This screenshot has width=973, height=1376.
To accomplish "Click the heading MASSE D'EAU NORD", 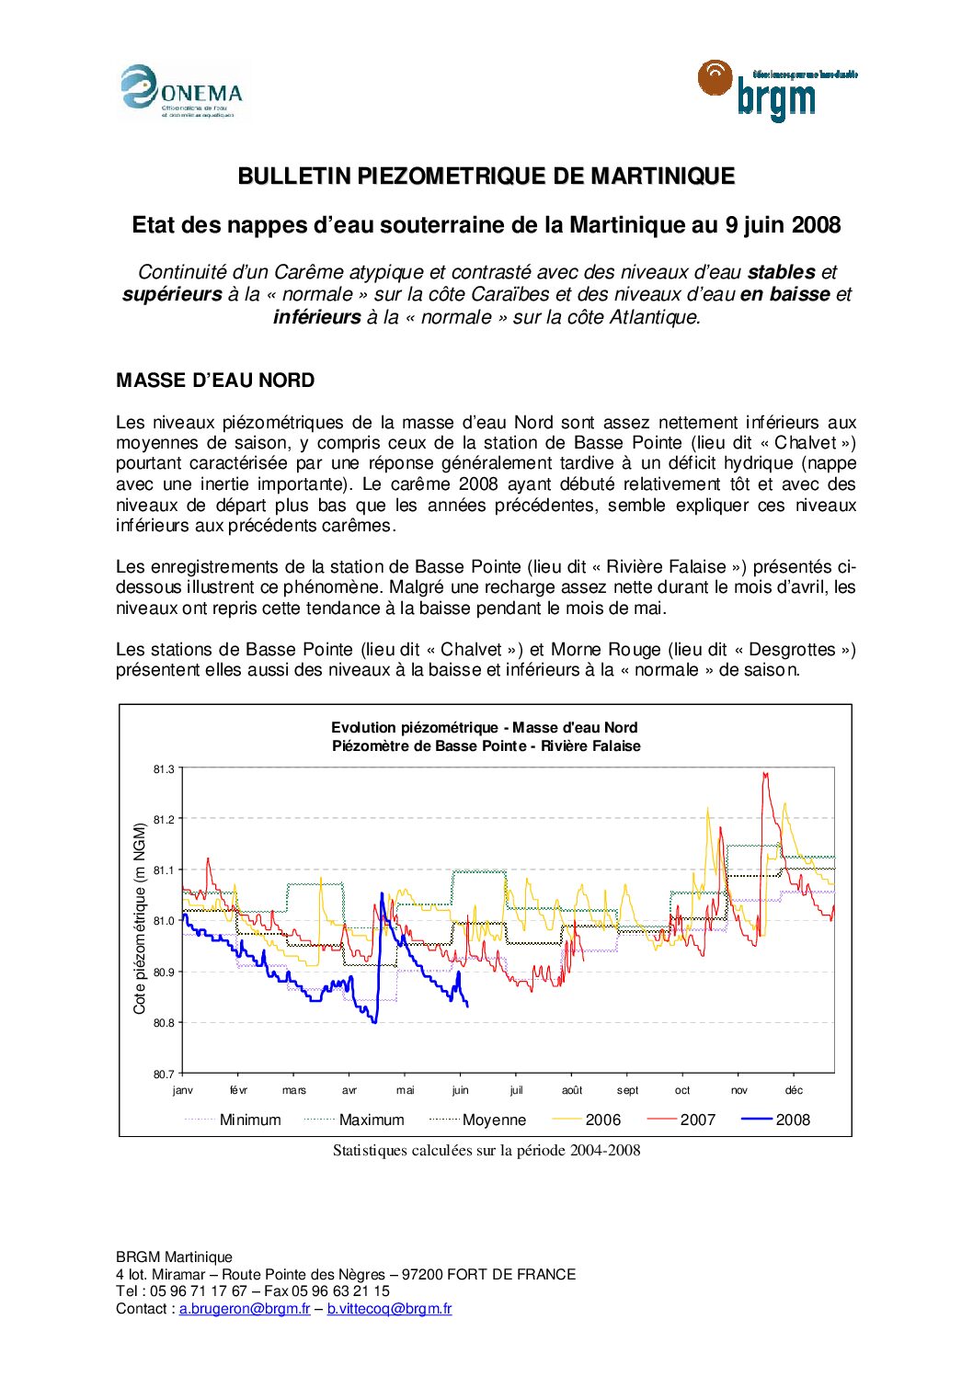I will click(215, 381).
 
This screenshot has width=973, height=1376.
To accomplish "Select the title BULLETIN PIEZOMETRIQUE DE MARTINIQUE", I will click(486, 176).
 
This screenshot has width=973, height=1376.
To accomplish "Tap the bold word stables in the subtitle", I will click(781, 272).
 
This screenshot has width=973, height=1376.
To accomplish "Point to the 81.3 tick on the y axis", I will click(164, 769).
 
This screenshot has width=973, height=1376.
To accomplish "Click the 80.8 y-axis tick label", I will click(164, 1023).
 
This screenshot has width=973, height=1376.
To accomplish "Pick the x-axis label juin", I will click(460, 1090).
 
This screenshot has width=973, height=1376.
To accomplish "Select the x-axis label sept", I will click(627, 1090).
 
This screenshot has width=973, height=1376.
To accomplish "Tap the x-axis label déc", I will click(794, 1090).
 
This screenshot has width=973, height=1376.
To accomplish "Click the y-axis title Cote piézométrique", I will click(140, 919).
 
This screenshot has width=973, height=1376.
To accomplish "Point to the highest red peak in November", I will click(764, 774).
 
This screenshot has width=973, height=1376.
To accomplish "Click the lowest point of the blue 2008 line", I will click(374, 1022).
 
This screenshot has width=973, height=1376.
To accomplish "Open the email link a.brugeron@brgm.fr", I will click(245, 1309).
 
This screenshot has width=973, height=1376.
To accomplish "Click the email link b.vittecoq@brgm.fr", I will click(389, 1309).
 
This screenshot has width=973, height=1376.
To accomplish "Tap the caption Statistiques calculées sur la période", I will click(486, 1150).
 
